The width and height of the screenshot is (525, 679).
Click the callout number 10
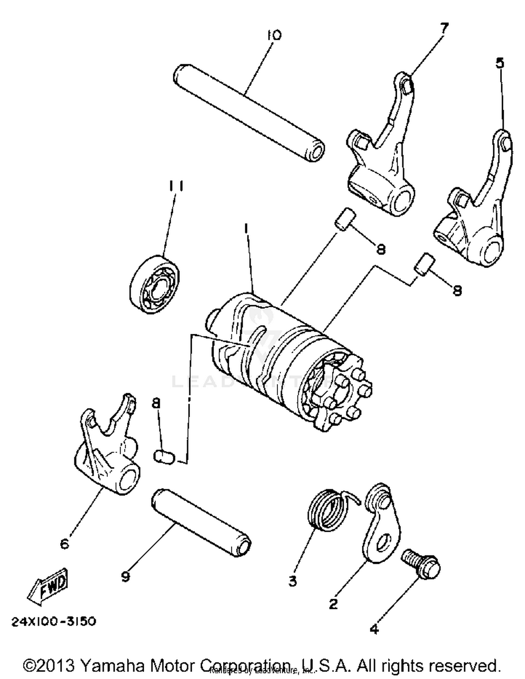(x=274, y=35)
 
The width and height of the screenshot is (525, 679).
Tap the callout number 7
(x=443, y=28)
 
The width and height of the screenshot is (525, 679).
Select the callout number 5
(x=500, y=63)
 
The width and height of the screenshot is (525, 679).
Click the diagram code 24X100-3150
(x=54, y=622)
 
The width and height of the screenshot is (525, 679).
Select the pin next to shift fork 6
(x=164, y=457)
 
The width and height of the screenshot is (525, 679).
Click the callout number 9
(x=125, y=576)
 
